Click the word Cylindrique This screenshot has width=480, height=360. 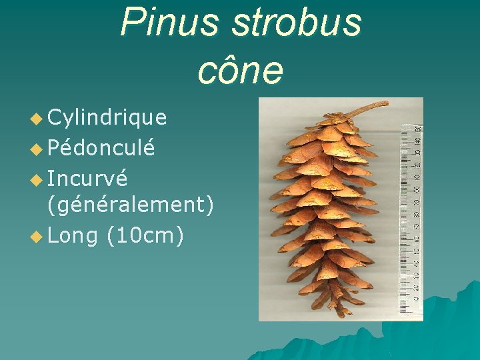click(x=107, y=118)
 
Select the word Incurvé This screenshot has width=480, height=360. click(x=87, y=178)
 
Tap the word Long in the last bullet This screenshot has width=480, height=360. click(x=72, y=235)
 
